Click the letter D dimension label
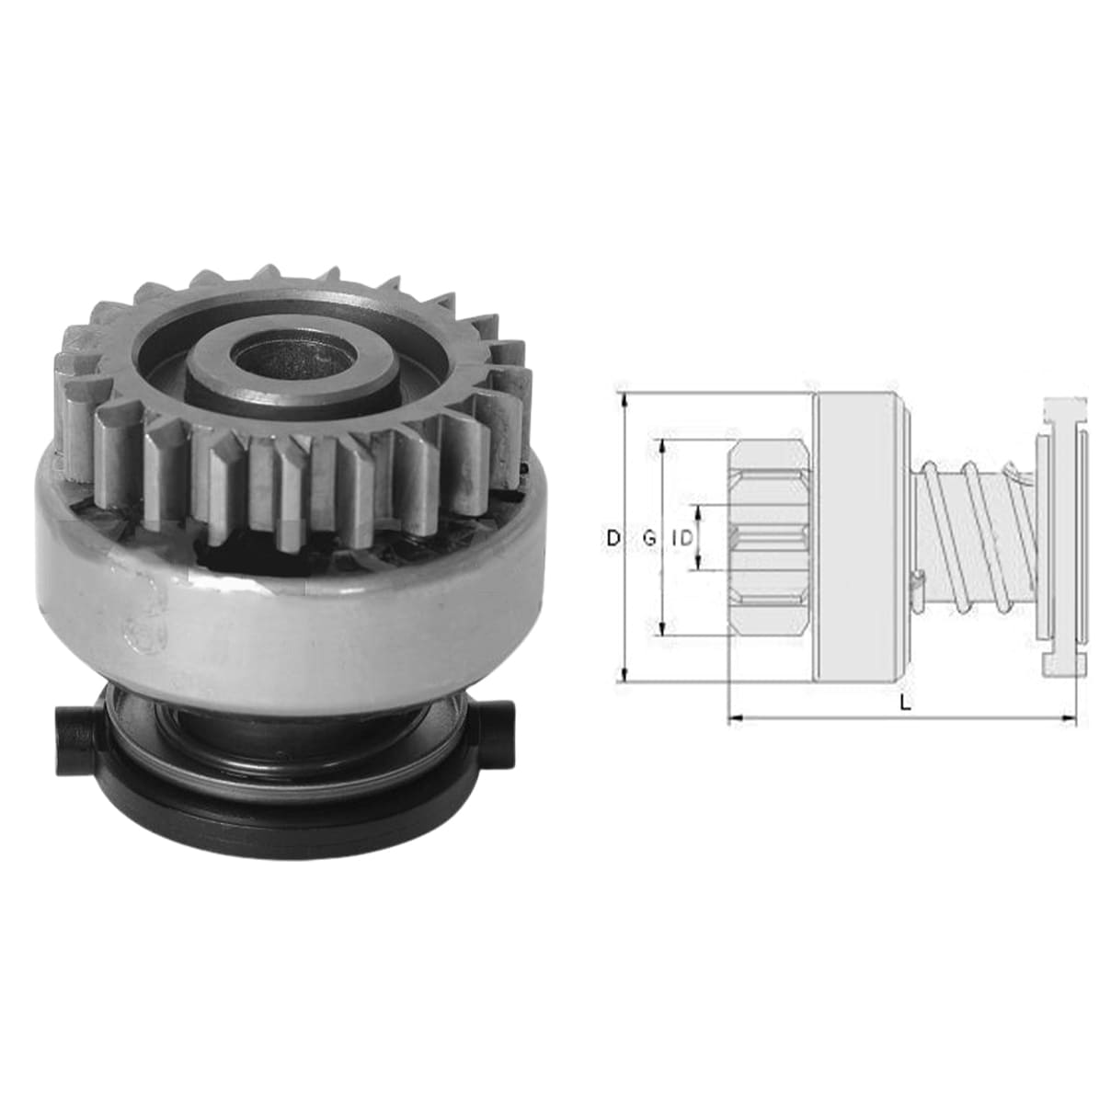click(613, 539)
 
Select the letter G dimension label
click(649, 539)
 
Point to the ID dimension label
click(682, 539)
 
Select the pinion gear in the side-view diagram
click(770, 537)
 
